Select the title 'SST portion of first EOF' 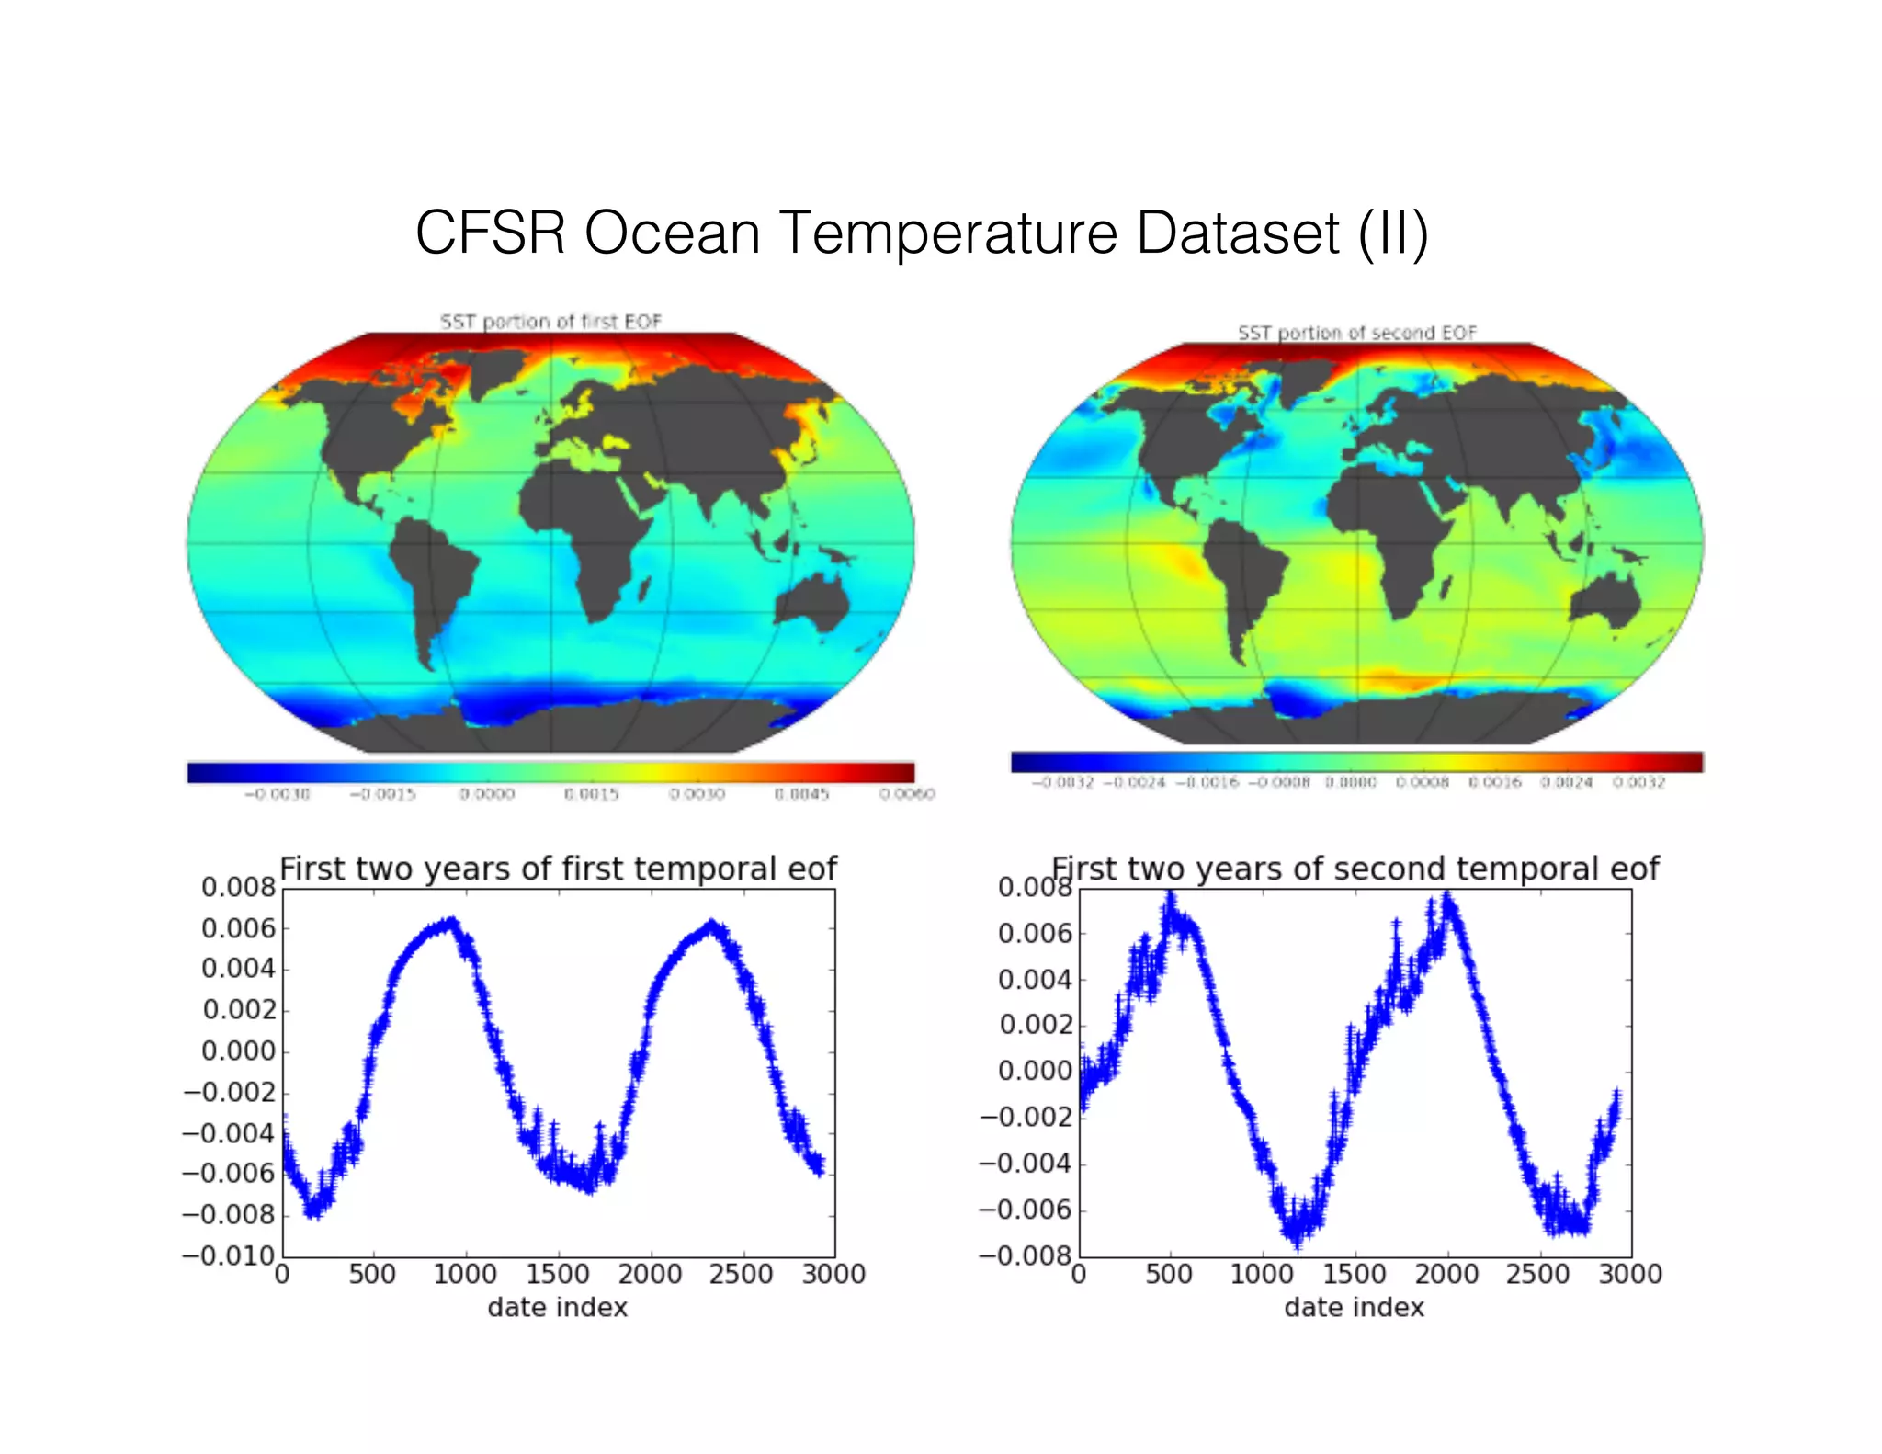click(550, 322)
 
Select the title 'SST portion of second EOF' click(1356, 333)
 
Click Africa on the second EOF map click(1388, 533)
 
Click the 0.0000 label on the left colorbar click(487, 794)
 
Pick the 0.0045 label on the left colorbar click(801, 794)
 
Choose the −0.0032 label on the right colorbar click(1062, 783)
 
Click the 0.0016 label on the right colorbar click(1494, 783)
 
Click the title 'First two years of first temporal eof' click(558, 869)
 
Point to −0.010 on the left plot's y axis click(229, 1255)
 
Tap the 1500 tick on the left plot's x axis click(557, 1275)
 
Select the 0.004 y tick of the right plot click(1035, 980)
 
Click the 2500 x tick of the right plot click(1537, 1275)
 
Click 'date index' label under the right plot click(1354, 1308)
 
